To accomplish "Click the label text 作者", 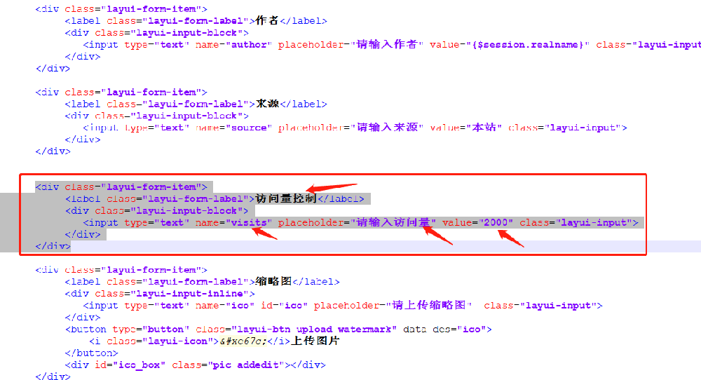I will click(268, 21).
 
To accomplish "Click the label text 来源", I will click(268, 104).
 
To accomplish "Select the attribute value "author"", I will click(249, 45).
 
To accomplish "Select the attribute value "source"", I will click(249, 128).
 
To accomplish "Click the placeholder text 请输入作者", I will click(388, 45).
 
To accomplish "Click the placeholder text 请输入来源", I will click(388, 128).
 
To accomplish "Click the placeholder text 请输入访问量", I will click(393, 222).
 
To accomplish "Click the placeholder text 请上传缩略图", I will click(429, 306).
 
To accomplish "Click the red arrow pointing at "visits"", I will click(264, 233).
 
